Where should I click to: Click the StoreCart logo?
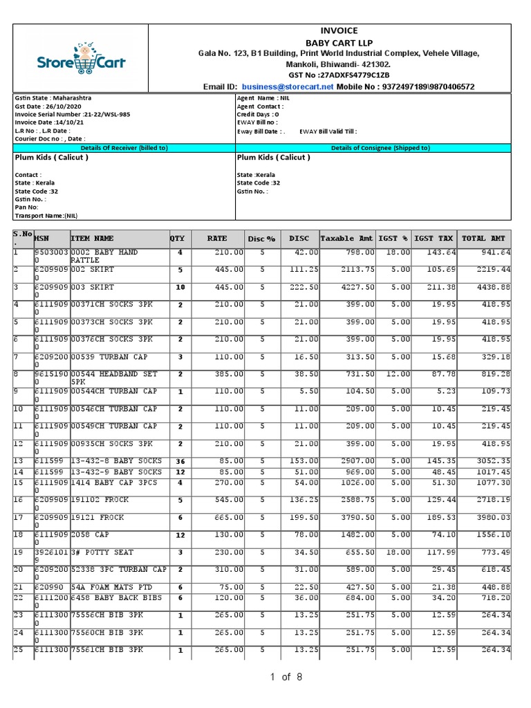[x=81, y=59]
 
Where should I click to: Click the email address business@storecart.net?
[x=288, y=86]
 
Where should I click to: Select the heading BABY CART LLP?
[x=339, y=42]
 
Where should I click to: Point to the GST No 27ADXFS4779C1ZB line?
[x=339, y=75]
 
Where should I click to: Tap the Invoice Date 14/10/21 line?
[x=50, y=122]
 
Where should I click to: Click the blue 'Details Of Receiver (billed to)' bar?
[x=124, y=147]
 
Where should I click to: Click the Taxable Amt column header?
[x=346, y=239]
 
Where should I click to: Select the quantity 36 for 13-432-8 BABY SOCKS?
[x=180, y=460]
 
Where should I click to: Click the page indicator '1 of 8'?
[x=286, y=677]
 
